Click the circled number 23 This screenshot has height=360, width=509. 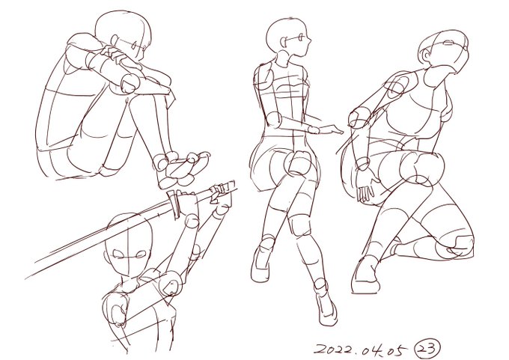click(428, 348)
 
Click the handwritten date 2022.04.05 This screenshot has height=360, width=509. click(360, 350)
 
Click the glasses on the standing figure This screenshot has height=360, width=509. click(294, 39)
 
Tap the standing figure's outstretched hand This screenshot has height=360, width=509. click(330, 129)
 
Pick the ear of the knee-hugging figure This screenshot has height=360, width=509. click(115, 40)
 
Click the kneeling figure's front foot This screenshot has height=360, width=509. click(366, 275)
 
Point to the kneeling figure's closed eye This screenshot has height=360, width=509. click(448, 43)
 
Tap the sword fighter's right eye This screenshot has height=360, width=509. click(119, 254)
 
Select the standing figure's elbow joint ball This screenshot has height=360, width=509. click(275, 120)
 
